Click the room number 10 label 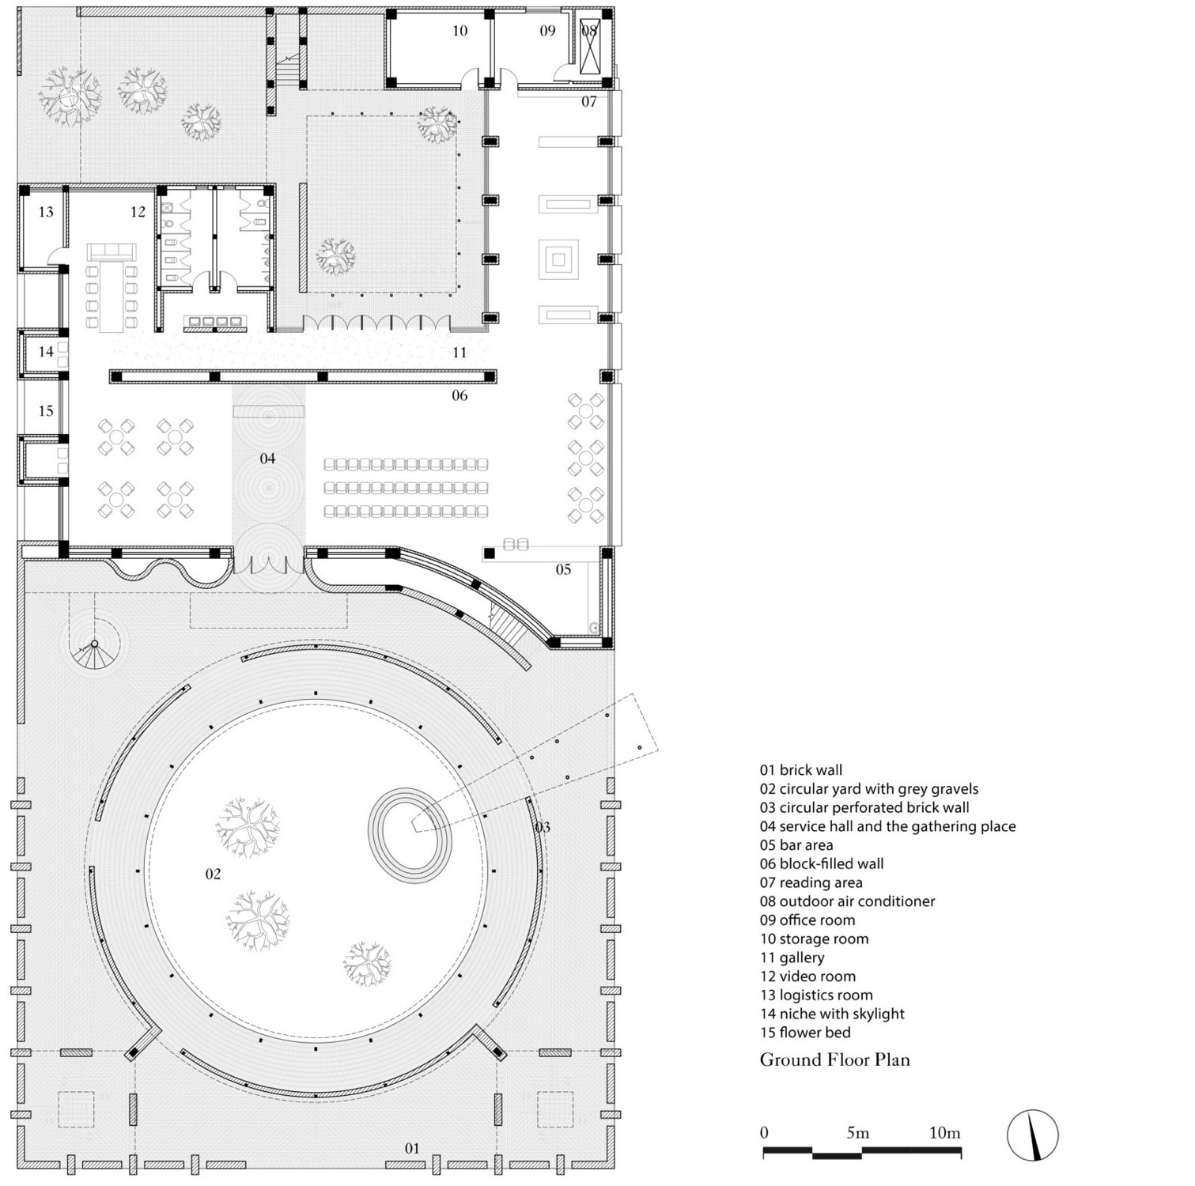pyautogui.click(x=459, y=31)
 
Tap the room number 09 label pyautogui.click(x=547, y=31)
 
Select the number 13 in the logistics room pyautogui.click(x=46, y=212)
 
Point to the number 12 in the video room pyautogui.click(x=138, y=212)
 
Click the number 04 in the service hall pyautogui.click(x=267, y=459)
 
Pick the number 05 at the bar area pyautogui.click(x=563, y=569)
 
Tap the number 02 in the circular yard pyautogui.click(x=213, y=874)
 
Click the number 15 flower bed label pyautogui.click(x=46, y=410)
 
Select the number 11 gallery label pyautogui.click(x=459, y=353)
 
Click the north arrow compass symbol pyautogui.click(x=1033, y=1135)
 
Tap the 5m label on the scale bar pyautogui.click(x=858, y=1133)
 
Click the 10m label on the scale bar pyautogui.click(x=945, y=1133)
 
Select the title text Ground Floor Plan pyautogui.click(x=835, y=1059)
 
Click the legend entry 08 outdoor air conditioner pyautogui.click(x=848, y=901)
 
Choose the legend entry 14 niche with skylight pyautogui.click(x=832, y=1014)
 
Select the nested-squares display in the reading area pyautogui.click(x=559, y=259)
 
